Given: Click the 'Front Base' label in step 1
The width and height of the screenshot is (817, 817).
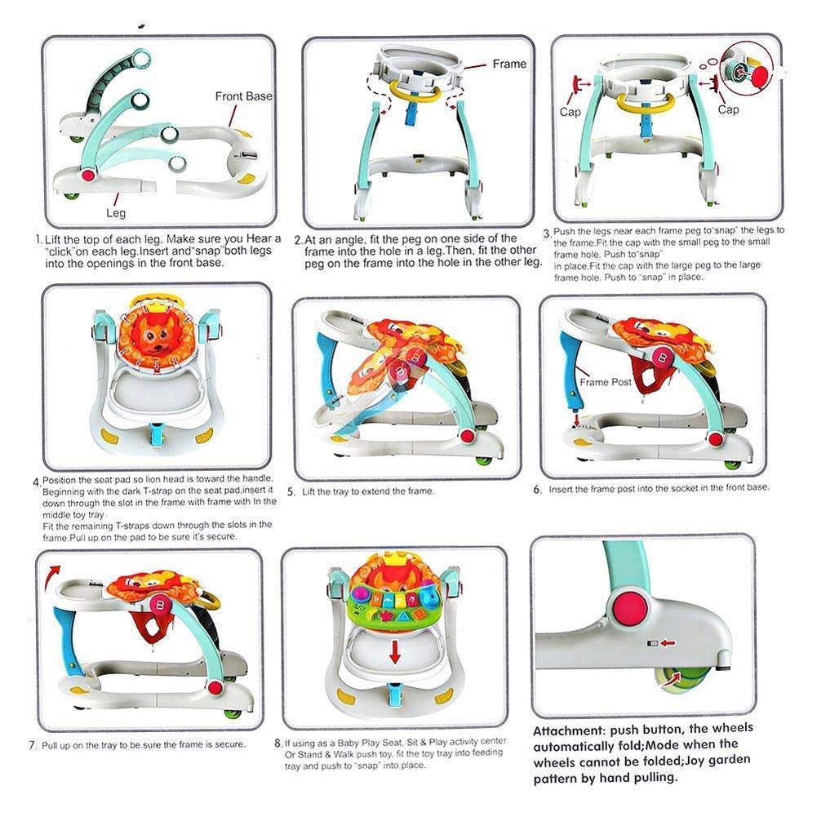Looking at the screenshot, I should pos(243,96).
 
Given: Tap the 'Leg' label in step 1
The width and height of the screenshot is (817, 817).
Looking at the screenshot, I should pos(116,212).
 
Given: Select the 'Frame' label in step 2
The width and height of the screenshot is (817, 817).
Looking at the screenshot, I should pos(509,64).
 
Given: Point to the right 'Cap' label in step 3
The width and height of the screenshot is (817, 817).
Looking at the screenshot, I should pos(729,108).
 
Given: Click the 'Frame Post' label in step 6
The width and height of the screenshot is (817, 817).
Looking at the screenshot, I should pos(606,382).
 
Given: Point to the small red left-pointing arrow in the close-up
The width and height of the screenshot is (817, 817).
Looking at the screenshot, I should pos(668,644).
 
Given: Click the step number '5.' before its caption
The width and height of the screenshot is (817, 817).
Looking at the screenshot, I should pos(291,492).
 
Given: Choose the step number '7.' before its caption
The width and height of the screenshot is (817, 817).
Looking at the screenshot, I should pos(33,746).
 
